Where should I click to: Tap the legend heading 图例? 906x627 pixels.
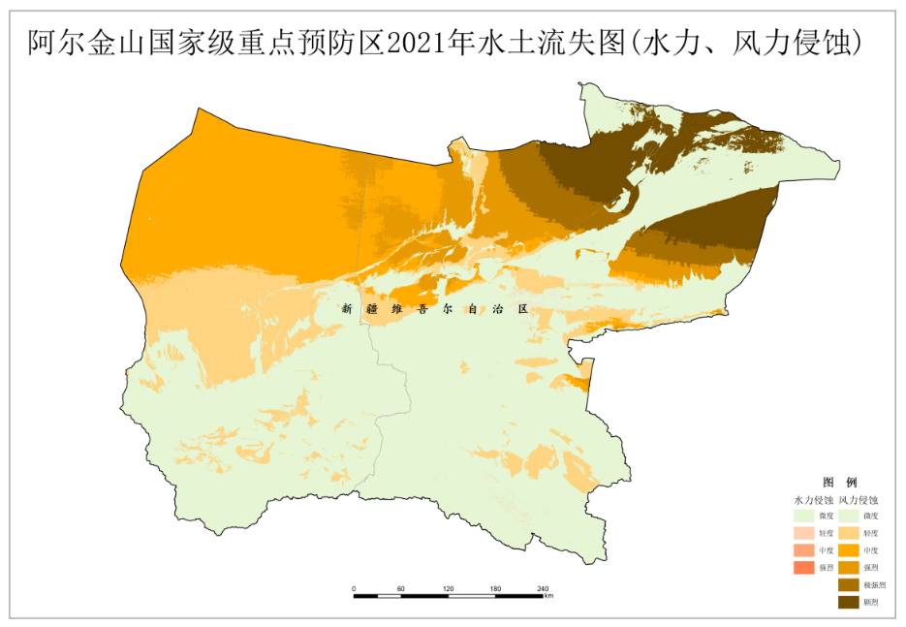839,482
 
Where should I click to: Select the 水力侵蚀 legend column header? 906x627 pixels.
813,499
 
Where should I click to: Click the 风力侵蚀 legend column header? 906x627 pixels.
859,499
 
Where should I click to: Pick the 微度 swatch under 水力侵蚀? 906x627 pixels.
804,516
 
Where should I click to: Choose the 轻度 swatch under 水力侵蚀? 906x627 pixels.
804,533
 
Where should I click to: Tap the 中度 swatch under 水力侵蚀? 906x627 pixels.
804,550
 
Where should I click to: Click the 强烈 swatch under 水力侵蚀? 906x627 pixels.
804,568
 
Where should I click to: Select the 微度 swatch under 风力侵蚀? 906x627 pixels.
849,516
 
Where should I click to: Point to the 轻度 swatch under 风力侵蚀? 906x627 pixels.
849,533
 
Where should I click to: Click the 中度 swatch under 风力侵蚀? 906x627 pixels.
849,550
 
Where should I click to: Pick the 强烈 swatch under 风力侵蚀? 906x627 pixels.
849,568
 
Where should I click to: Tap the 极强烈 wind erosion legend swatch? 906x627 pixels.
849,585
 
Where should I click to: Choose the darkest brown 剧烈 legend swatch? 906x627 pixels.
849,603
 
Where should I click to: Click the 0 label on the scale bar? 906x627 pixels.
354,588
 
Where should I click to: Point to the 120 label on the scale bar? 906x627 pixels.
448,588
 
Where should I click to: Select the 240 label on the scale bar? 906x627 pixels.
543,588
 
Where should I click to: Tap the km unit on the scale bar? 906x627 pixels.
548,596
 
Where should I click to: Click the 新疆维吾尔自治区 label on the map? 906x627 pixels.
434,310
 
